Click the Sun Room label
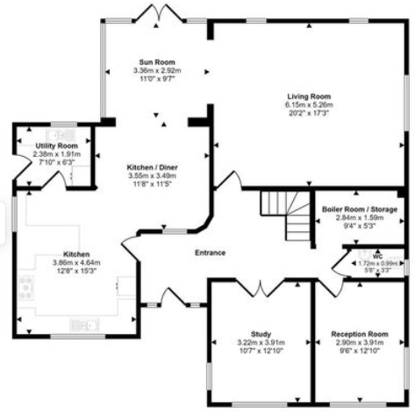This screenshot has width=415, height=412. [x=154, y=62]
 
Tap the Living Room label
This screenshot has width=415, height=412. [x=307, y=96]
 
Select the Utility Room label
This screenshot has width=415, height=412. [x=56, y=146]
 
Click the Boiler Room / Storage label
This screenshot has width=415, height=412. [x=360, y=210]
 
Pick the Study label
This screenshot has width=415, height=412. [x=260, y=333]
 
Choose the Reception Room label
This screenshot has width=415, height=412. [x=359, y=334]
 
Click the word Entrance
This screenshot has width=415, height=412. [x=211, y=253]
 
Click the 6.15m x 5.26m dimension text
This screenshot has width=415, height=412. [x=307, y=105]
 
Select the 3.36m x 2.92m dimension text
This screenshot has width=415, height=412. [x=154, y=71]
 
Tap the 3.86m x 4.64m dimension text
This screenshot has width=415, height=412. [x=77, y=261]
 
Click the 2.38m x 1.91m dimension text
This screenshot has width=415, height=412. [x=56, y=153]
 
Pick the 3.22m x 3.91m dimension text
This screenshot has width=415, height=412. [x=260, y=342]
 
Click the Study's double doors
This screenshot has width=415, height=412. [x=261, y=285]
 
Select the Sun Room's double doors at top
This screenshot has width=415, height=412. [x=154, y=11]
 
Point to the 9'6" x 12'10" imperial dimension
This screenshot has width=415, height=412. [x=359, y=351]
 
